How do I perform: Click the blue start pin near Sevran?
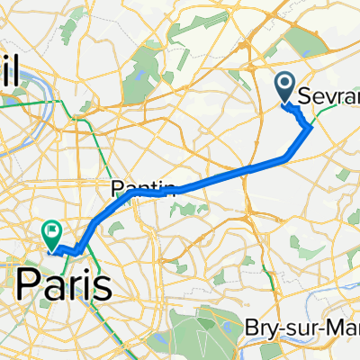[286, 88]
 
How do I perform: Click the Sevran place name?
[333, 93]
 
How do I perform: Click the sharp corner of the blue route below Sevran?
[311, 127]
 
